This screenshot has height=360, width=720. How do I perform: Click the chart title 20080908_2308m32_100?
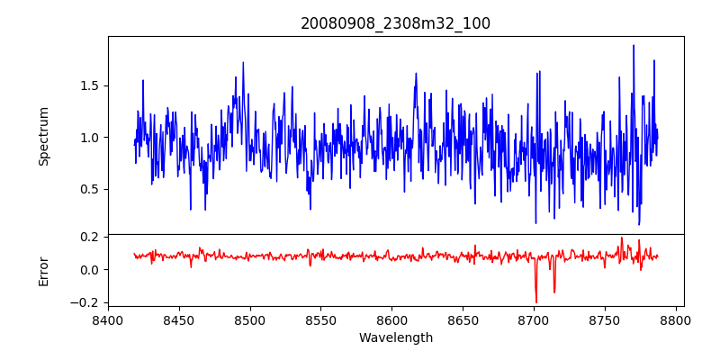click(395, 23)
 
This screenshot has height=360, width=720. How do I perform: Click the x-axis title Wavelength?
click(395, 337)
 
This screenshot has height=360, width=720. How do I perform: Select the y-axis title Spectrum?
click(44, 136)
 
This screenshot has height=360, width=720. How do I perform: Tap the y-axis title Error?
click(44, 270)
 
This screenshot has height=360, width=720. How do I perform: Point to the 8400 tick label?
click(108, 319)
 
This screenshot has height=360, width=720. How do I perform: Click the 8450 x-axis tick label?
click(179, 319)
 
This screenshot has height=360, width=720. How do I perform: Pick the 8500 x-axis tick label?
click(250, 319)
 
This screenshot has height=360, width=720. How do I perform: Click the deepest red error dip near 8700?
click(536, 301)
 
